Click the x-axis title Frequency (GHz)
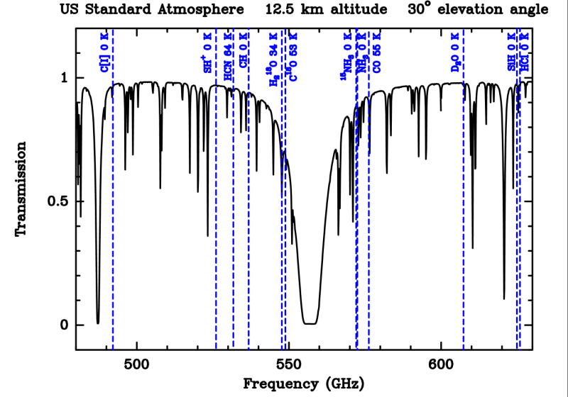tap(304, 384)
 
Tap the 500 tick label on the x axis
tap(136, 366)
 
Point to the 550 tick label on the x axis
tap(288, 366)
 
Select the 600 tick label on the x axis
tap(441, 366)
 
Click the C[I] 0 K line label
tap(104, 53)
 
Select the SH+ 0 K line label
tap(207, 52)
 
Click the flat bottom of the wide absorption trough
tap(310, 323)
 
